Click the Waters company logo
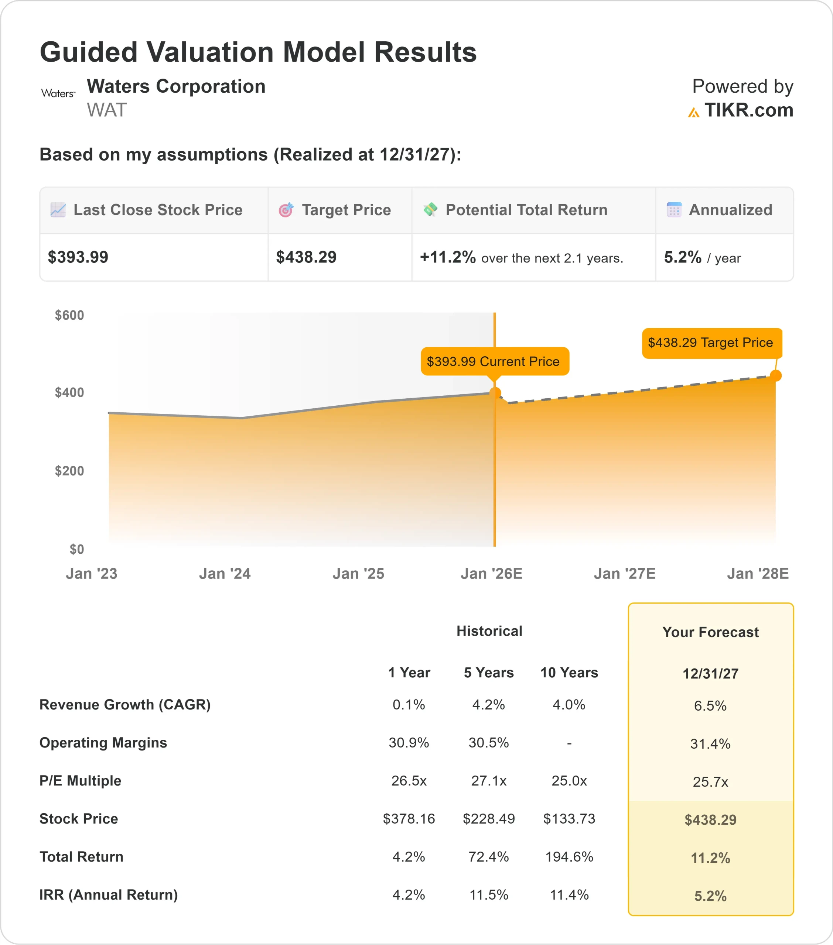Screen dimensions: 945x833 [x=58, y=93]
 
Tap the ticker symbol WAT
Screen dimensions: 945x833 [x=106, y=110]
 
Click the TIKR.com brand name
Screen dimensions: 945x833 [x=748, y=110]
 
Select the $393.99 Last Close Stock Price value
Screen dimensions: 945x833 [x=78, y=257]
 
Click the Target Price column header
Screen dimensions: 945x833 [x=346, y=210]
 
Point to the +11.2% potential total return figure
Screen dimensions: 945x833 [x=447, y=257]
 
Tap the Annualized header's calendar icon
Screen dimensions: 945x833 [x=674, y=210]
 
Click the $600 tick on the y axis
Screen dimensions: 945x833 [x=69, y=315]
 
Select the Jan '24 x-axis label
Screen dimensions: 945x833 [x=225, y=574]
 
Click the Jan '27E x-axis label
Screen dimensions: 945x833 [x=624, y=574]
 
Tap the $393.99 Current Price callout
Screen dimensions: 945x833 [x=494, y=361]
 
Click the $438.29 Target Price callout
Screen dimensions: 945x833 [x=711, y=343]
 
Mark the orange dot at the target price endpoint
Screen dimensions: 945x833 [x=776, y=376]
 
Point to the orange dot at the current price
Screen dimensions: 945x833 [x=495, y=393]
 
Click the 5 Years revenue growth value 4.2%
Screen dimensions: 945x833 [x=489, y=705]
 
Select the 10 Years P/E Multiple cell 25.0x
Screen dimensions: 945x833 [x=569, y=781]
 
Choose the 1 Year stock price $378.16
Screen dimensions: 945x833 [x=409, y=819]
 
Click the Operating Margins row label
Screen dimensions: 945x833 [x=103, y=742]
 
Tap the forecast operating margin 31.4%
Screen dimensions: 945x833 [x=710, y=744]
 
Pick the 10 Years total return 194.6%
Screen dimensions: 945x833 [x=569, y=857]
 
